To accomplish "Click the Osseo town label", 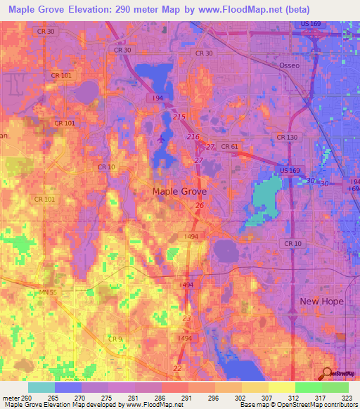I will (x=290, y=65).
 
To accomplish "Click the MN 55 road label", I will (x=49, y=292).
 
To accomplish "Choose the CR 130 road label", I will (x=288, y=137).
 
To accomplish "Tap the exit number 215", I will (x=179, y=116).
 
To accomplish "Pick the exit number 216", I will (x=193, y=136).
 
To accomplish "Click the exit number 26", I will (x=200, y=205).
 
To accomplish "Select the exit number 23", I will (x=186, y=318).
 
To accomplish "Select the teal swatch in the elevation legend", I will (x=41, y=387).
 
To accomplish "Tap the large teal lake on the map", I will (x=265, y=197).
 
